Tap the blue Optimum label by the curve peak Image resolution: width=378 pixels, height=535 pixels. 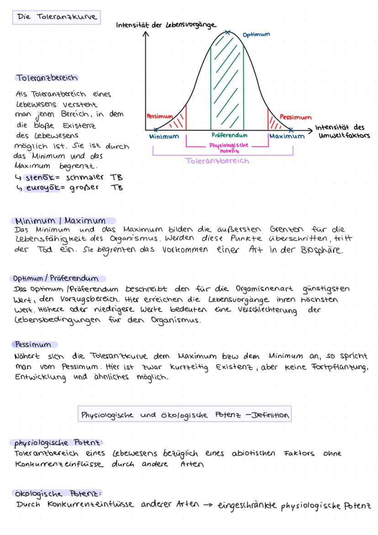click(256, 35)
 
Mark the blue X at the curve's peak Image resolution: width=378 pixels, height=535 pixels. click(227, 32)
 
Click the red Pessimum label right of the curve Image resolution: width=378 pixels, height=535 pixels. click(295, 117)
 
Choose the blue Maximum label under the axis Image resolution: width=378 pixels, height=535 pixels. click(286, 137)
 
